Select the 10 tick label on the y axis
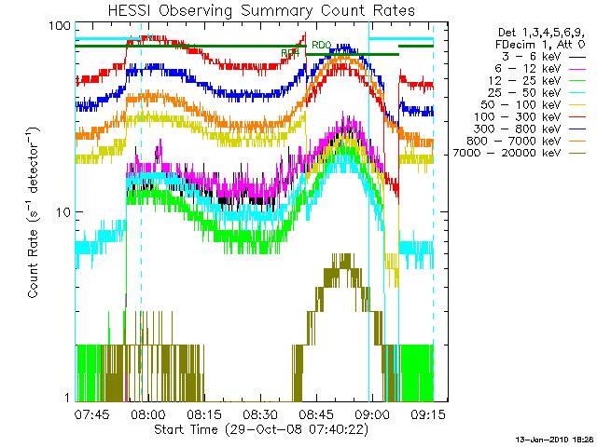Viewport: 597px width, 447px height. click(62, 212)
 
